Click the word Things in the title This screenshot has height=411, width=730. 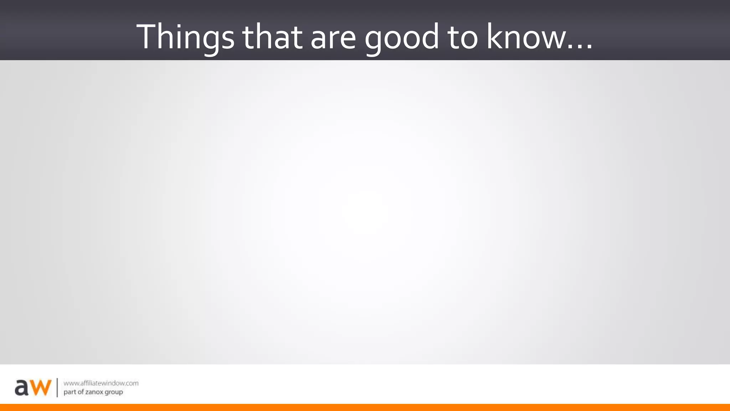(x=185, y=37)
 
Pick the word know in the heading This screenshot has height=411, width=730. (x=526, y=37)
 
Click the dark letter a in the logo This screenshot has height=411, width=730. (x=21, y=388)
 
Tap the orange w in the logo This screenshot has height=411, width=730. (x=40, y=388)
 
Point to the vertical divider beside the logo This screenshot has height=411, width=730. (x=57, y=387)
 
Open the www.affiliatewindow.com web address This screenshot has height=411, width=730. (x=101, y=383)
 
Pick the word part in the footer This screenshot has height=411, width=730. (x=70, y=392)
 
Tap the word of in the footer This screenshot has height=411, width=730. (x=81, y=392)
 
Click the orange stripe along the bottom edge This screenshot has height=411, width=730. (x=365, y=407)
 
